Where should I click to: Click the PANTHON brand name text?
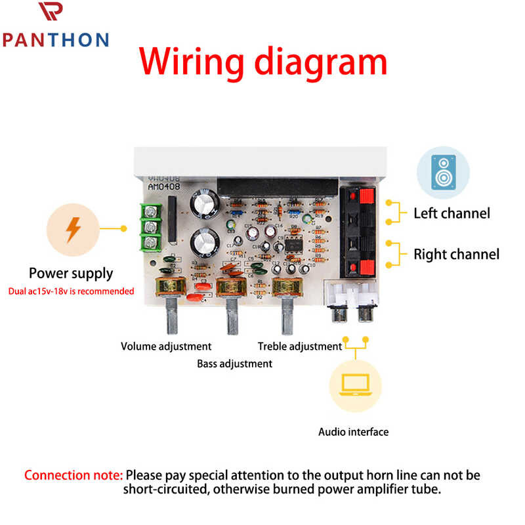tap(55, 39)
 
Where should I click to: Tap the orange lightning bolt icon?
tap(73, 229)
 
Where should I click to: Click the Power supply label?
tap(71, 273)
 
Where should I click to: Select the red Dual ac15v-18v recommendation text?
tap(71, 291)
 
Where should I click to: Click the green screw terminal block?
tap(152, 228)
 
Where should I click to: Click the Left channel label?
tap(451, 213)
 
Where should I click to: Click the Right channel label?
tap(456, 254)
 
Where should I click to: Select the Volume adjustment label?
tap(166, 346)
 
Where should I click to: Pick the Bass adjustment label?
tap(234, 363)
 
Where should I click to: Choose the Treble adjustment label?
tap(300, 346)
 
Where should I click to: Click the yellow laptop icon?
tap(355, 387)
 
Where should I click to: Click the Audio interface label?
tap(353, 432)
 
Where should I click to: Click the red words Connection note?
tap(73, 474)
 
